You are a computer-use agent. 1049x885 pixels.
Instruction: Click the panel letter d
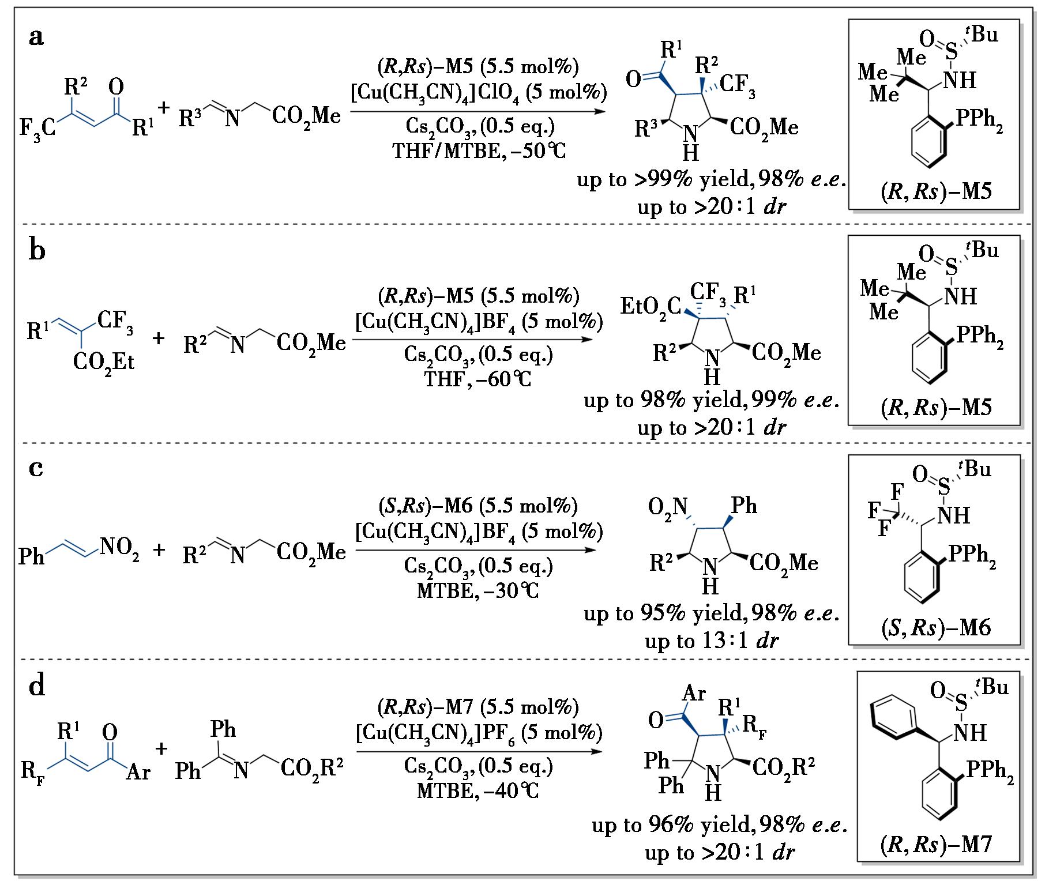coord(37,687)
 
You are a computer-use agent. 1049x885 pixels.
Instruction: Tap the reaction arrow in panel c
coord(475,549)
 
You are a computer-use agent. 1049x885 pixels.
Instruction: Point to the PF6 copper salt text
coord(479,733)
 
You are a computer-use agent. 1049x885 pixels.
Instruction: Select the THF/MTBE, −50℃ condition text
coord(479,150)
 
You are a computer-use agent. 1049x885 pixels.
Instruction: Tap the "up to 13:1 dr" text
coord(712,641)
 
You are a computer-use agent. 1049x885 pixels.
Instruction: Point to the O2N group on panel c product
coord(668,507)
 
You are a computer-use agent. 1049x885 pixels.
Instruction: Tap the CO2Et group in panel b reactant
coord(104,361)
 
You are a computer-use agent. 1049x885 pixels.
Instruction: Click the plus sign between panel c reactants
coord(159,550)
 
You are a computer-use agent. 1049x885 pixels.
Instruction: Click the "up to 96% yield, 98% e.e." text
coord(719,825)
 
